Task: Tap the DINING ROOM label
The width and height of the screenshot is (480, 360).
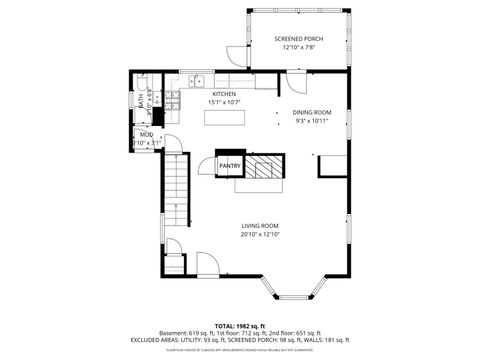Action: pos(310,112)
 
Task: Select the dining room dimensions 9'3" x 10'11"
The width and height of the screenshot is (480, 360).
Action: pos(310,121)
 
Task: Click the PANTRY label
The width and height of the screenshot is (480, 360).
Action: pos(230,165)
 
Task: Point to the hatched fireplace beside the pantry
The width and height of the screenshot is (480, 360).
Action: pos(265,165)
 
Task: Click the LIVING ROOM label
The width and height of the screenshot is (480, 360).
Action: pos(259,225)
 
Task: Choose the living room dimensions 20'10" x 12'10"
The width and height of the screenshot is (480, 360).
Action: pos(259,234)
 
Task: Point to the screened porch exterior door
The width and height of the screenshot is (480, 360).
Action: pos(233,56)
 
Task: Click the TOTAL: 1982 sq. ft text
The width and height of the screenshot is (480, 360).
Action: pos(241,324)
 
